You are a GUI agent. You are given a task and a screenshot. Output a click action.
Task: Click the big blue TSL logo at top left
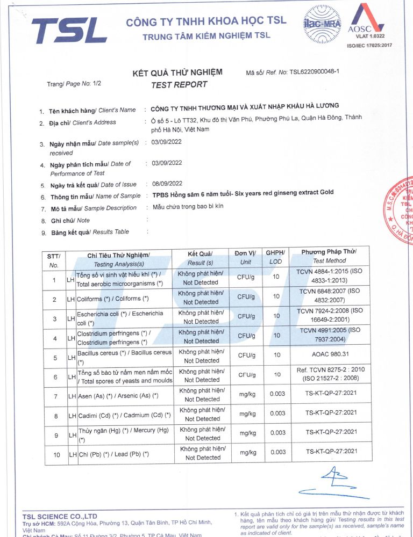tap(69, 30)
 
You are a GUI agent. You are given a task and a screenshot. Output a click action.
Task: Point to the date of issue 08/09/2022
tap(167, 184)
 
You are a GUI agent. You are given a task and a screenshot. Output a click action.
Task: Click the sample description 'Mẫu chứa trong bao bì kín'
tap(188, 207)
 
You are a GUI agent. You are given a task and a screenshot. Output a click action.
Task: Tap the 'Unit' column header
tap(245, 263)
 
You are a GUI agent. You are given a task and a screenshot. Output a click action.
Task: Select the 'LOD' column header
tap(275, 262)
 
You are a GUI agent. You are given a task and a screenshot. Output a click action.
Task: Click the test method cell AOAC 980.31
tap(331, 355)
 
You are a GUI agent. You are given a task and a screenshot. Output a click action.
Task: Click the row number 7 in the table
tap(54, 396)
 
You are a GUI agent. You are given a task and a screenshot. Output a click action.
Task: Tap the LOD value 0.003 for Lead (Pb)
tap(277, 452)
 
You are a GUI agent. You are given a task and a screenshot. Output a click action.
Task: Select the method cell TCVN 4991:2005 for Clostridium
tap(331, 335)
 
